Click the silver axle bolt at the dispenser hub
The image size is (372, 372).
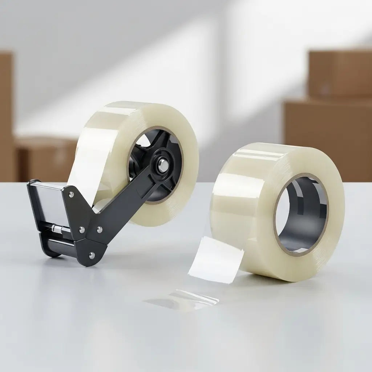[x=163, y=166]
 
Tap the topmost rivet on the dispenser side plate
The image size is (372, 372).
[x=71, y=195]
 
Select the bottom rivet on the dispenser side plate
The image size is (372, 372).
[x=92, y=256]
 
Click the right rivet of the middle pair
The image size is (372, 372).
[x=99, y=230]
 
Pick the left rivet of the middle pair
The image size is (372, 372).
[x=82, y=230]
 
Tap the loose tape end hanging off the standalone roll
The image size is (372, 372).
[x=216, y=260]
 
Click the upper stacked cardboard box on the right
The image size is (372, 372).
[x=340, y=74]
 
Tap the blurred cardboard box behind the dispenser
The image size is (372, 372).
[x=45, y=158]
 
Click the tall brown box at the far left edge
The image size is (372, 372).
[x=6, y=116]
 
